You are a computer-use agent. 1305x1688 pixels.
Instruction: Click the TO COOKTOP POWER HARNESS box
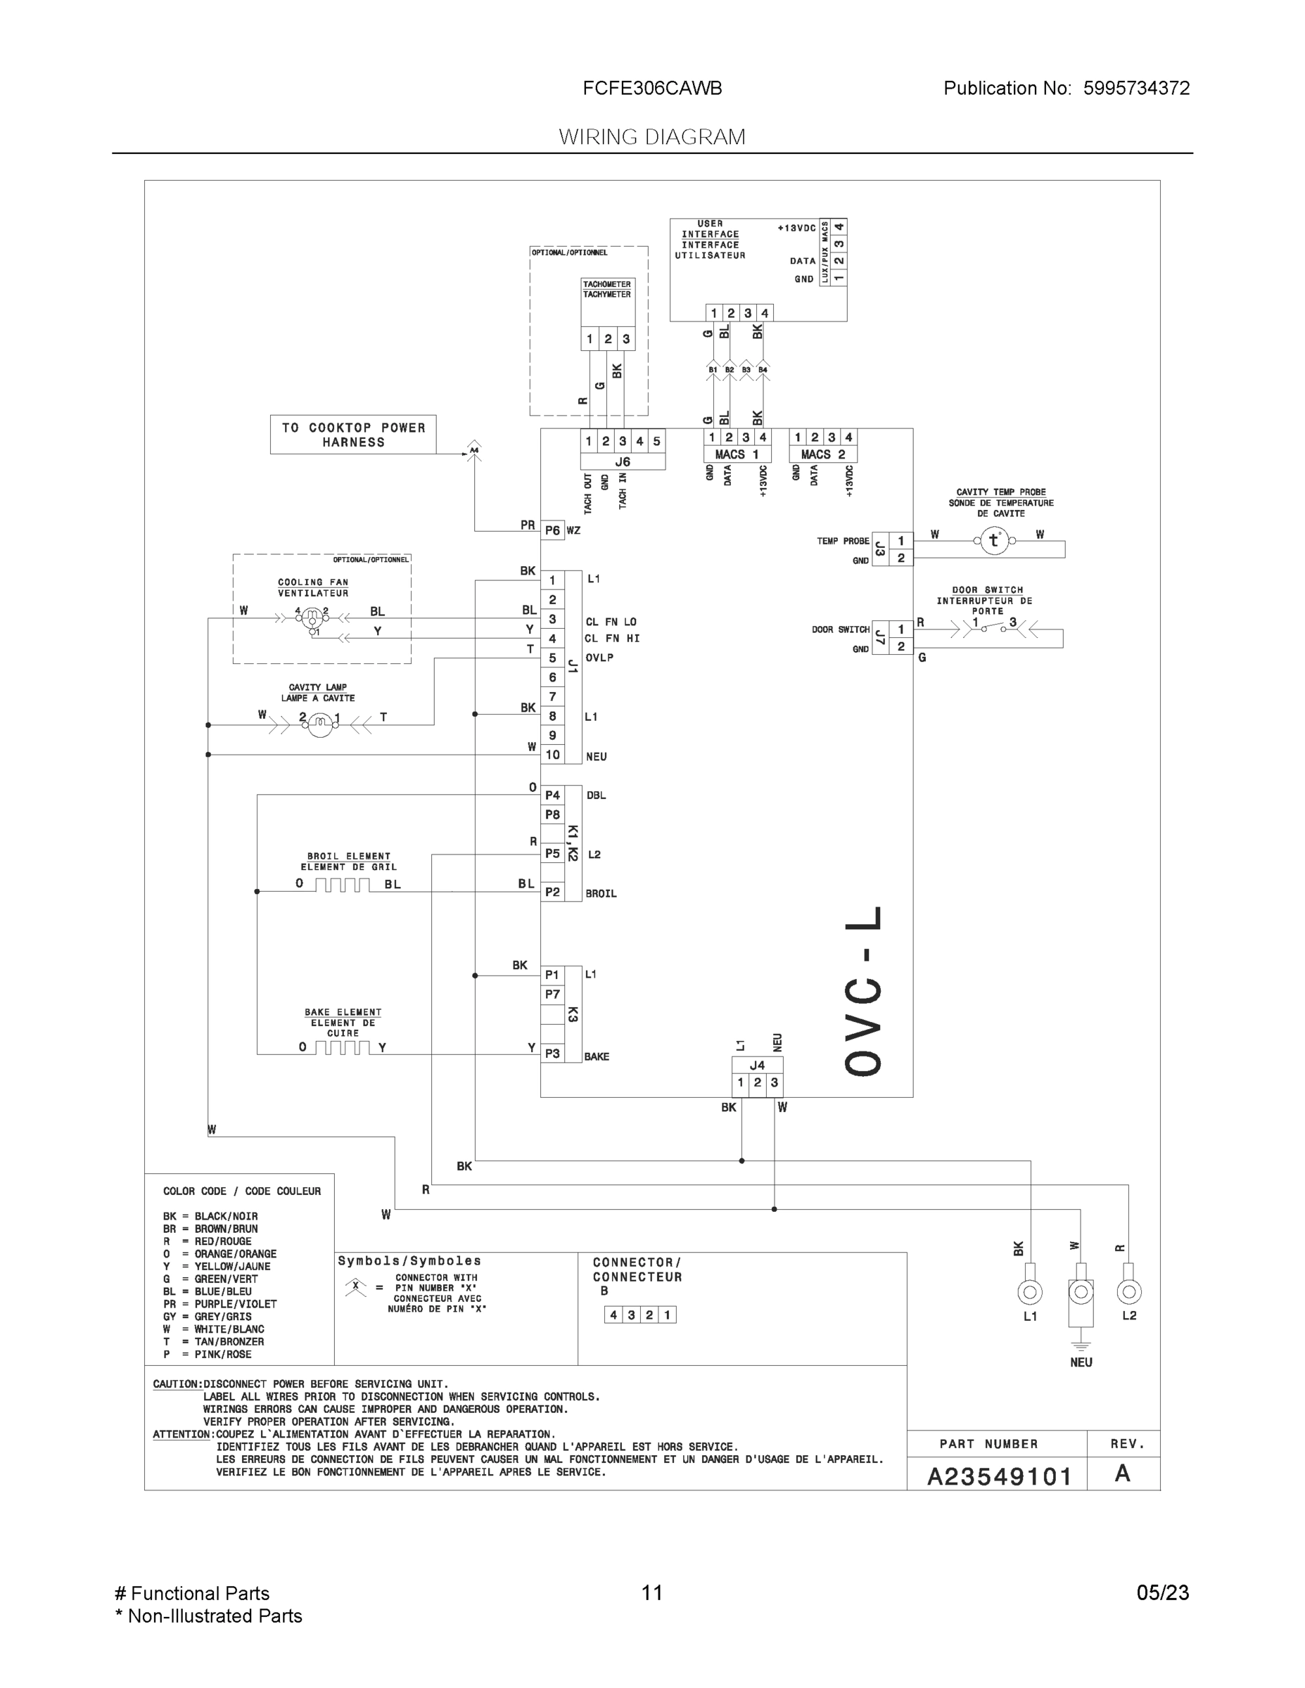click(352, 435)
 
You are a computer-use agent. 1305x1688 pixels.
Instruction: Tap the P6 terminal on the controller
click(552, 530)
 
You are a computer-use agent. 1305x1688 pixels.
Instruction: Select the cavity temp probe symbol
click(993, 541)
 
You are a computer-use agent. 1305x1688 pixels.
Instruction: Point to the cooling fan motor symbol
click(312, 618)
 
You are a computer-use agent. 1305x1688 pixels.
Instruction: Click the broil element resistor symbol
click(342, 885)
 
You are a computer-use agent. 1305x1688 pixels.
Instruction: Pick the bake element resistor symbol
click(342, 1048)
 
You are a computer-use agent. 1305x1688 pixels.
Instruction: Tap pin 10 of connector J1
click(552, 755)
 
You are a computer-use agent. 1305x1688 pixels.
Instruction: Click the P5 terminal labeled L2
click(552, 853)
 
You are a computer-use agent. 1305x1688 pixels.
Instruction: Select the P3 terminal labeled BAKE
click(552, 1053)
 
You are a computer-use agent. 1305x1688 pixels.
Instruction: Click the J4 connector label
click(757, 1065)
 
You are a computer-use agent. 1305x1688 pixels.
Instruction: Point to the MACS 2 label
click(822, 454)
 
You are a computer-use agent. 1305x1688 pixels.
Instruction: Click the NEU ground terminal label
click(1081, 1362)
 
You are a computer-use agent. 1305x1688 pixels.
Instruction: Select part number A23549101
click(999, 1476)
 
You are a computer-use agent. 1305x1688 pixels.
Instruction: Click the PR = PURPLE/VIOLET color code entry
click(219, 1304)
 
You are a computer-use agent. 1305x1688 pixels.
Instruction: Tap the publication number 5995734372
click(1135, 88)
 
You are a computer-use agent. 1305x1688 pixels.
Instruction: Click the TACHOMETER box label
click(607, 289)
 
